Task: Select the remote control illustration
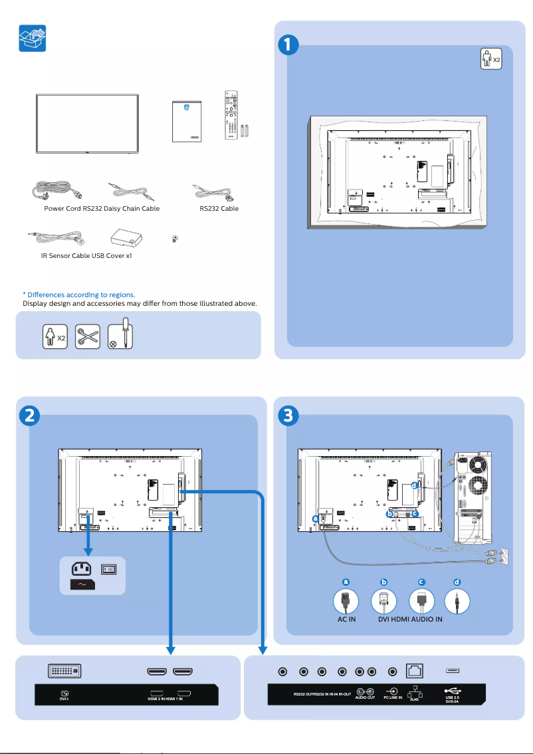click(232, 116)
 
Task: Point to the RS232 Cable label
click(219, 208)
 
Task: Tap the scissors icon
click(87, 336)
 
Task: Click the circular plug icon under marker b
click(383, 602)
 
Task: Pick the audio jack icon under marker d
click(457, 602)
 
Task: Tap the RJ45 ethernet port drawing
click(415, 672)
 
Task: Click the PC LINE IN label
click(393, 697)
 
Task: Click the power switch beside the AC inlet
click(109, 568)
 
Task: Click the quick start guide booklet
click(185, 121)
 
